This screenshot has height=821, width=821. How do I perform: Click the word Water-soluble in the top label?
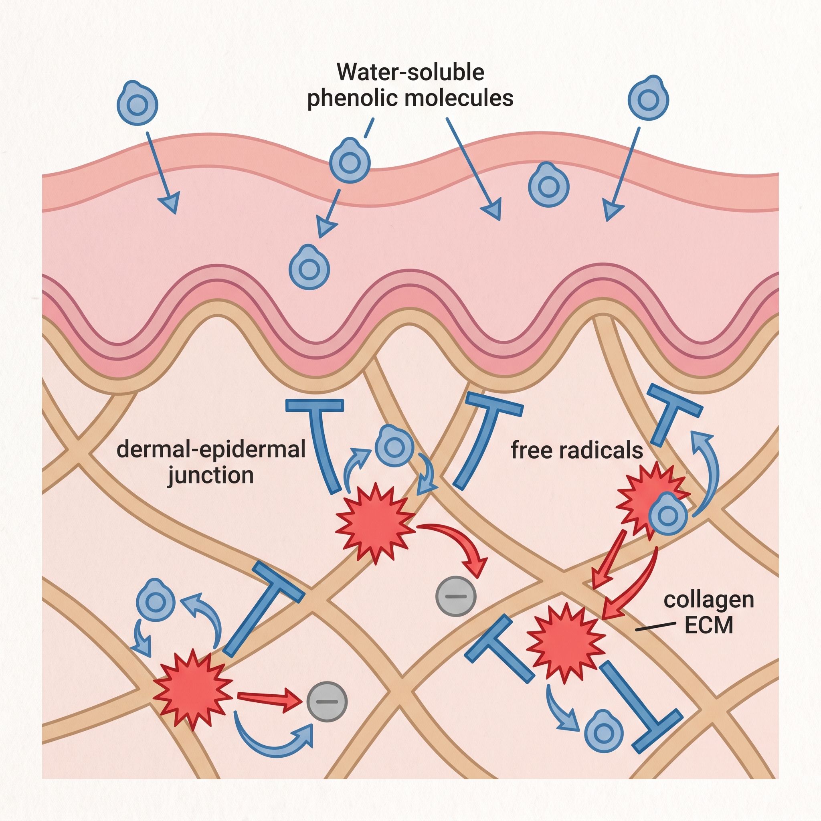point(410,72)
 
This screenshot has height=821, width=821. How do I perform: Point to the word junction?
point(211,475)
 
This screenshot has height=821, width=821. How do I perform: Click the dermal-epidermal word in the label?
point(211,449)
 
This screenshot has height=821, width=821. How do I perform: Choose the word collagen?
point(709,600)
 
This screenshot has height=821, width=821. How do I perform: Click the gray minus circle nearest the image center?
point(456,597)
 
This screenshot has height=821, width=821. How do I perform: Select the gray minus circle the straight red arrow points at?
point(327,702)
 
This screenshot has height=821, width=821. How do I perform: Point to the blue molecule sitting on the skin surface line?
point(350,161)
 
